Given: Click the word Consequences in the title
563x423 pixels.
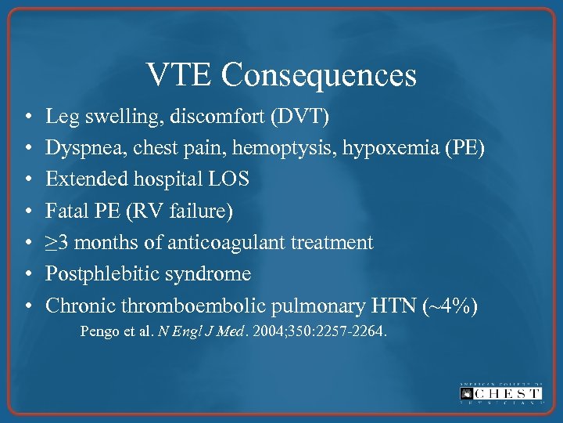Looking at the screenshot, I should [318, 75].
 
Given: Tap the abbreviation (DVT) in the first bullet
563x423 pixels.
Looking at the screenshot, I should [300, 117].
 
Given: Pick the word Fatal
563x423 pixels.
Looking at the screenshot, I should [64, 211].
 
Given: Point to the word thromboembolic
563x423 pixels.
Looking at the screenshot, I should [192, 305].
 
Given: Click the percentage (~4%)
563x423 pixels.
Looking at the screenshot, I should [453, 305].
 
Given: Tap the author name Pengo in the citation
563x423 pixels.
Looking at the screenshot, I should [99, 331].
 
